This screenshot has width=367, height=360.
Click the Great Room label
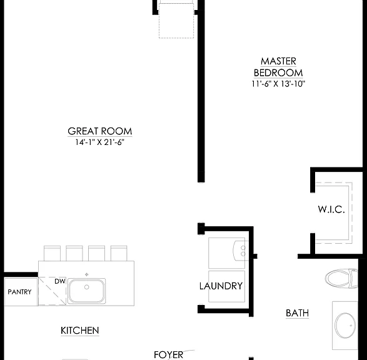(x=100, y=131)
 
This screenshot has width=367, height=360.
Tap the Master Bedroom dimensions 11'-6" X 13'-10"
(x=278, y=84)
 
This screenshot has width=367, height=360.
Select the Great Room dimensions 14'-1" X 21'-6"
(x=99, y=142)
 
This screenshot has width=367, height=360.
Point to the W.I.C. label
(x=331, y=209)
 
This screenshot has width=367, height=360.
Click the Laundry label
(x=221, y=286)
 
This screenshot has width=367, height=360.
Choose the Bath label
(x=297, y=313)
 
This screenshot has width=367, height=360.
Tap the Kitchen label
(x=80, y=331)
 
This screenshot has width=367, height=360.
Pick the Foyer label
(x=169, y=354)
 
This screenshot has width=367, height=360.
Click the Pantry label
(x=19, y=292)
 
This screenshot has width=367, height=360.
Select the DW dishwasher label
(x=60, y=281)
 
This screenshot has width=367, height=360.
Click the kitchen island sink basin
(x=87, y=291)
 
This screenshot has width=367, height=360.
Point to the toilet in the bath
(x=341, y=278)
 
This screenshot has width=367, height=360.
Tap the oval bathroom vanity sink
(x=345, y=326)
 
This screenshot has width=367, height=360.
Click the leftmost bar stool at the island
(x=52, y=253)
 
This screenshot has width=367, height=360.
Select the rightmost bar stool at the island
(x=119, y=253)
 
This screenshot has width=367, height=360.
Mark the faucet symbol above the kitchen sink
(x=87, y=274)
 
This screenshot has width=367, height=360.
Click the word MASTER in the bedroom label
(x=278, y=61)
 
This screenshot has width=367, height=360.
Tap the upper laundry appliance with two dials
(x=227, y=253)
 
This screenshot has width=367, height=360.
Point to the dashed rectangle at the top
(x=176, y=21)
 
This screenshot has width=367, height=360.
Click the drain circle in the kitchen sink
(x=87, y=287)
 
